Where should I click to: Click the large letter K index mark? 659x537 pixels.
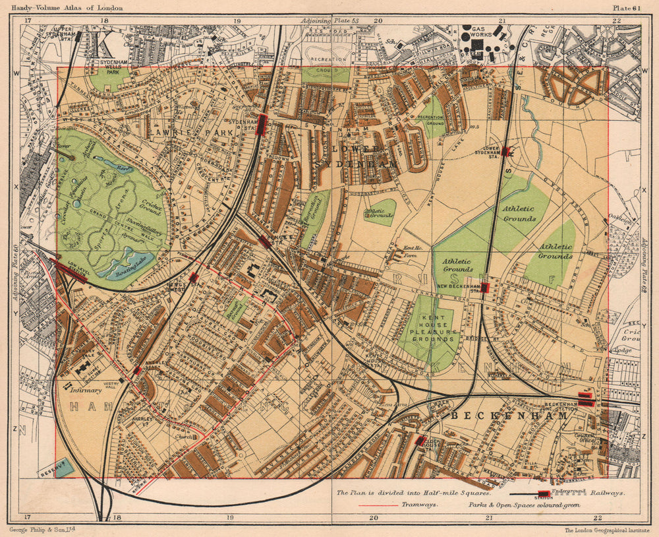(x=102, y=46)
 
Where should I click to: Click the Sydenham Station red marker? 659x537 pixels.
(x=262, y=123)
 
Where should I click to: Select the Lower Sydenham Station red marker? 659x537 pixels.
(x=506, y=151)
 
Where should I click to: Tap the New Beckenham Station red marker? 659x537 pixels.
(x=485, y=288)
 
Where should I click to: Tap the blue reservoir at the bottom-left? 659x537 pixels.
(x=64, y=467)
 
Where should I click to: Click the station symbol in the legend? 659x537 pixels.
(x=544, y=494)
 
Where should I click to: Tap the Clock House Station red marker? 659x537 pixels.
(x=420, y=441)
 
